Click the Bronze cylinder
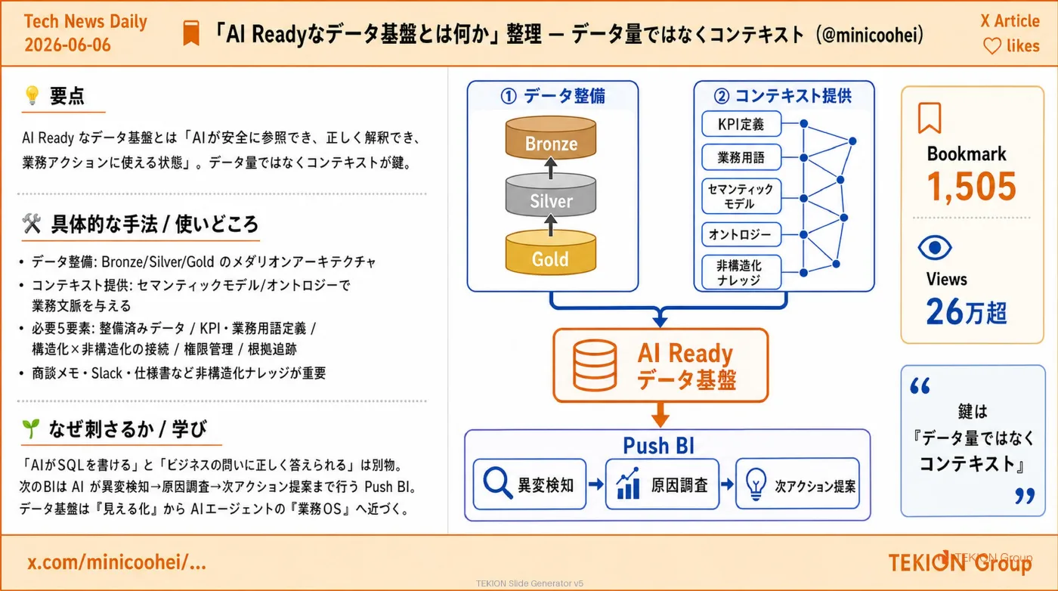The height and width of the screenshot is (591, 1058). pos(551,138)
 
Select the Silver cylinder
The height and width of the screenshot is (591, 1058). pos(551,195)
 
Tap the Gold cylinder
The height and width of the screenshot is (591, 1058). pos(551,252)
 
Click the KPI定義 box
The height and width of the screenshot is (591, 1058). pos(741,124)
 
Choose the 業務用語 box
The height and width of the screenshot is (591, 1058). pos(741,157)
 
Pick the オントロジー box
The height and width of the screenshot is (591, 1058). pos(741,234)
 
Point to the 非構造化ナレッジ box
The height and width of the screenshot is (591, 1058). pos(741,272)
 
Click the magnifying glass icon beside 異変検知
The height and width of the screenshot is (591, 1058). pos(498,483)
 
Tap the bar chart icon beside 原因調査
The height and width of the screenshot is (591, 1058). pos(628,483)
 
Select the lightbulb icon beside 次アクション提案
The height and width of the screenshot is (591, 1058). pos(756,483)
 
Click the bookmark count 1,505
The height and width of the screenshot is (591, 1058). pos(972,187)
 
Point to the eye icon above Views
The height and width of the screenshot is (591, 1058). pos(935,248)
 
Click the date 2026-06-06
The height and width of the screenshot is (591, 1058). pos(67,45)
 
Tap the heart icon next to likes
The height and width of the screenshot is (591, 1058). pos(991,46)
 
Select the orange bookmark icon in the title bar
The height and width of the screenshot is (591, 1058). pos(191,32)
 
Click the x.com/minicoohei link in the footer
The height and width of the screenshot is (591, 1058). pos(116,562)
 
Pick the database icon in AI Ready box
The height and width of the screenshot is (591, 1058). pos(595,365)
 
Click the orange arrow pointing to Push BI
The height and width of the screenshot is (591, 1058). pos(660,415)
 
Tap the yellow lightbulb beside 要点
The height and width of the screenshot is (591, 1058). pos(32,95)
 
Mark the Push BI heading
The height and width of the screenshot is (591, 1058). pos(658,445)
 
